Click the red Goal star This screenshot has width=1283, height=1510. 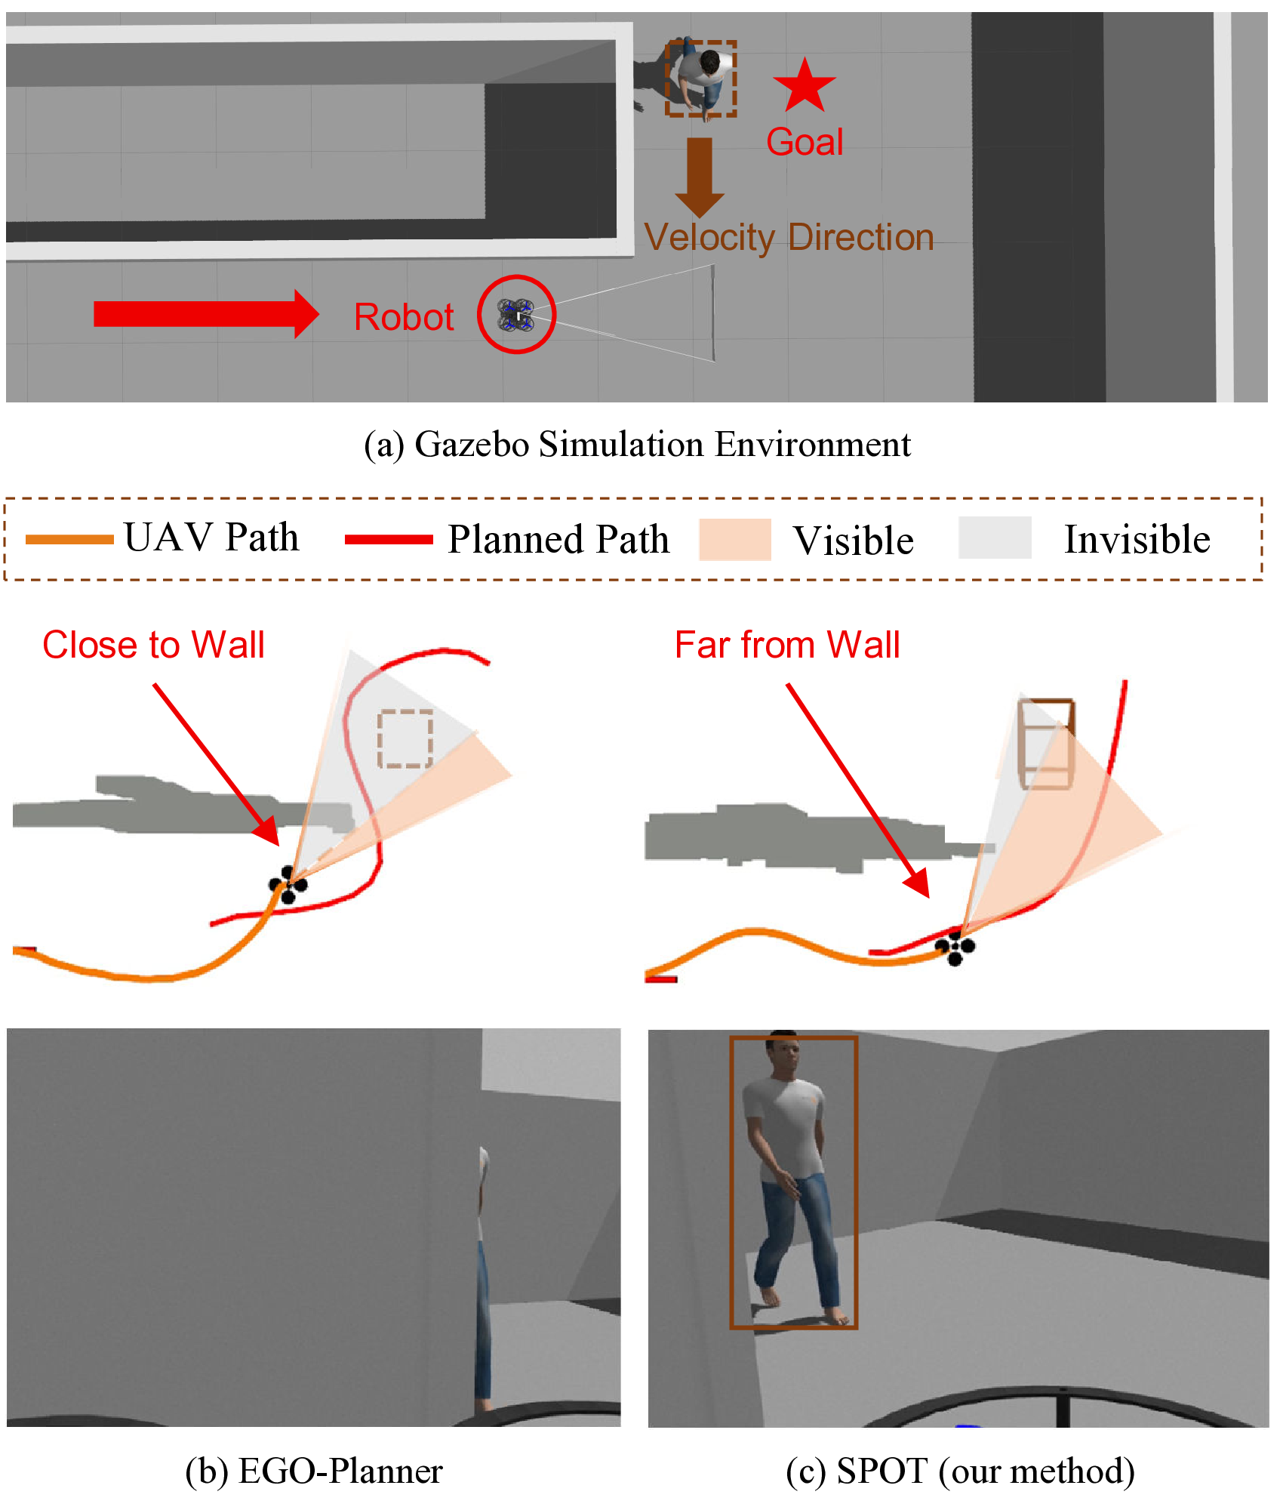coord(805,86)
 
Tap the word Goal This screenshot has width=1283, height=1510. coord(805,142)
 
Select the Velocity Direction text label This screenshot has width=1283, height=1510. coord(789,237)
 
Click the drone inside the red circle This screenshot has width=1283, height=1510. coord(516,315)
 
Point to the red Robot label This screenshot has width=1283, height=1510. coord(404,317)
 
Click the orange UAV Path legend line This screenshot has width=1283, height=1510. coord(69,539)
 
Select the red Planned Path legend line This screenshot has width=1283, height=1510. coord(389,539)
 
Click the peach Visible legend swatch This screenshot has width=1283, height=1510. coord(735,539)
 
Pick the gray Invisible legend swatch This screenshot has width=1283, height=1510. coord(995,538)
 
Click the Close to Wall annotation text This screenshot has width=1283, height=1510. coord(153,645)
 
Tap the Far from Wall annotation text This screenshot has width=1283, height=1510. coord(787,645)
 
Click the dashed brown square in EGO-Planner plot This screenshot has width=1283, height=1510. coord(405,738)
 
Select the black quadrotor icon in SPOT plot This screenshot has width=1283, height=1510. coord(955,948)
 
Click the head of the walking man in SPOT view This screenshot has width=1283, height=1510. coord(783,1052)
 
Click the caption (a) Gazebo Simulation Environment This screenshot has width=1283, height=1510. coord(637,444)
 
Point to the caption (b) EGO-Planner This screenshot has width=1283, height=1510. coord(314,1471)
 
